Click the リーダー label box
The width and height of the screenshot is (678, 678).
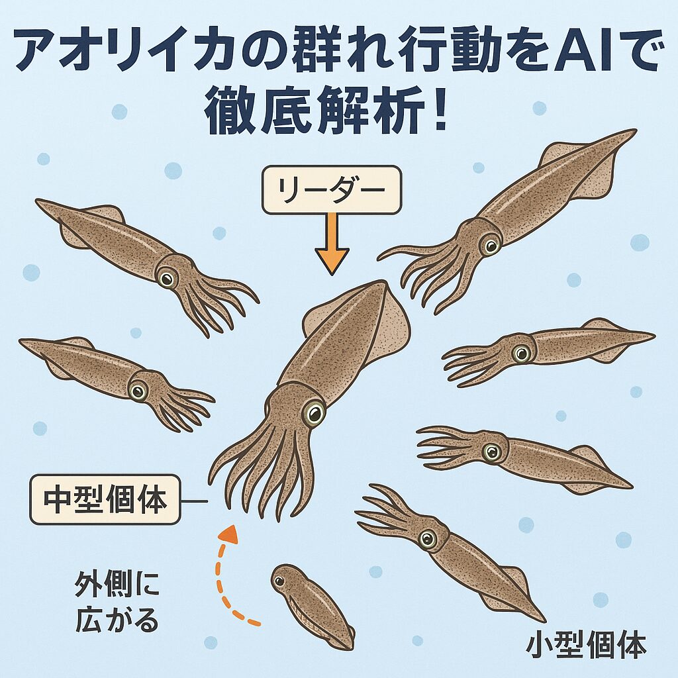click(332, 190)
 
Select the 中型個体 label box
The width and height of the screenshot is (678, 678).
click(105, 500)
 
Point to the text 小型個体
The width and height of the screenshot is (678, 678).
click(586, 646)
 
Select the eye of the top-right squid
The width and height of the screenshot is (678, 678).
click(489, 246)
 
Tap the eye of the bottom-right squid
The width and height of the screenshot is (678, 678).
click(428, 539)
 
